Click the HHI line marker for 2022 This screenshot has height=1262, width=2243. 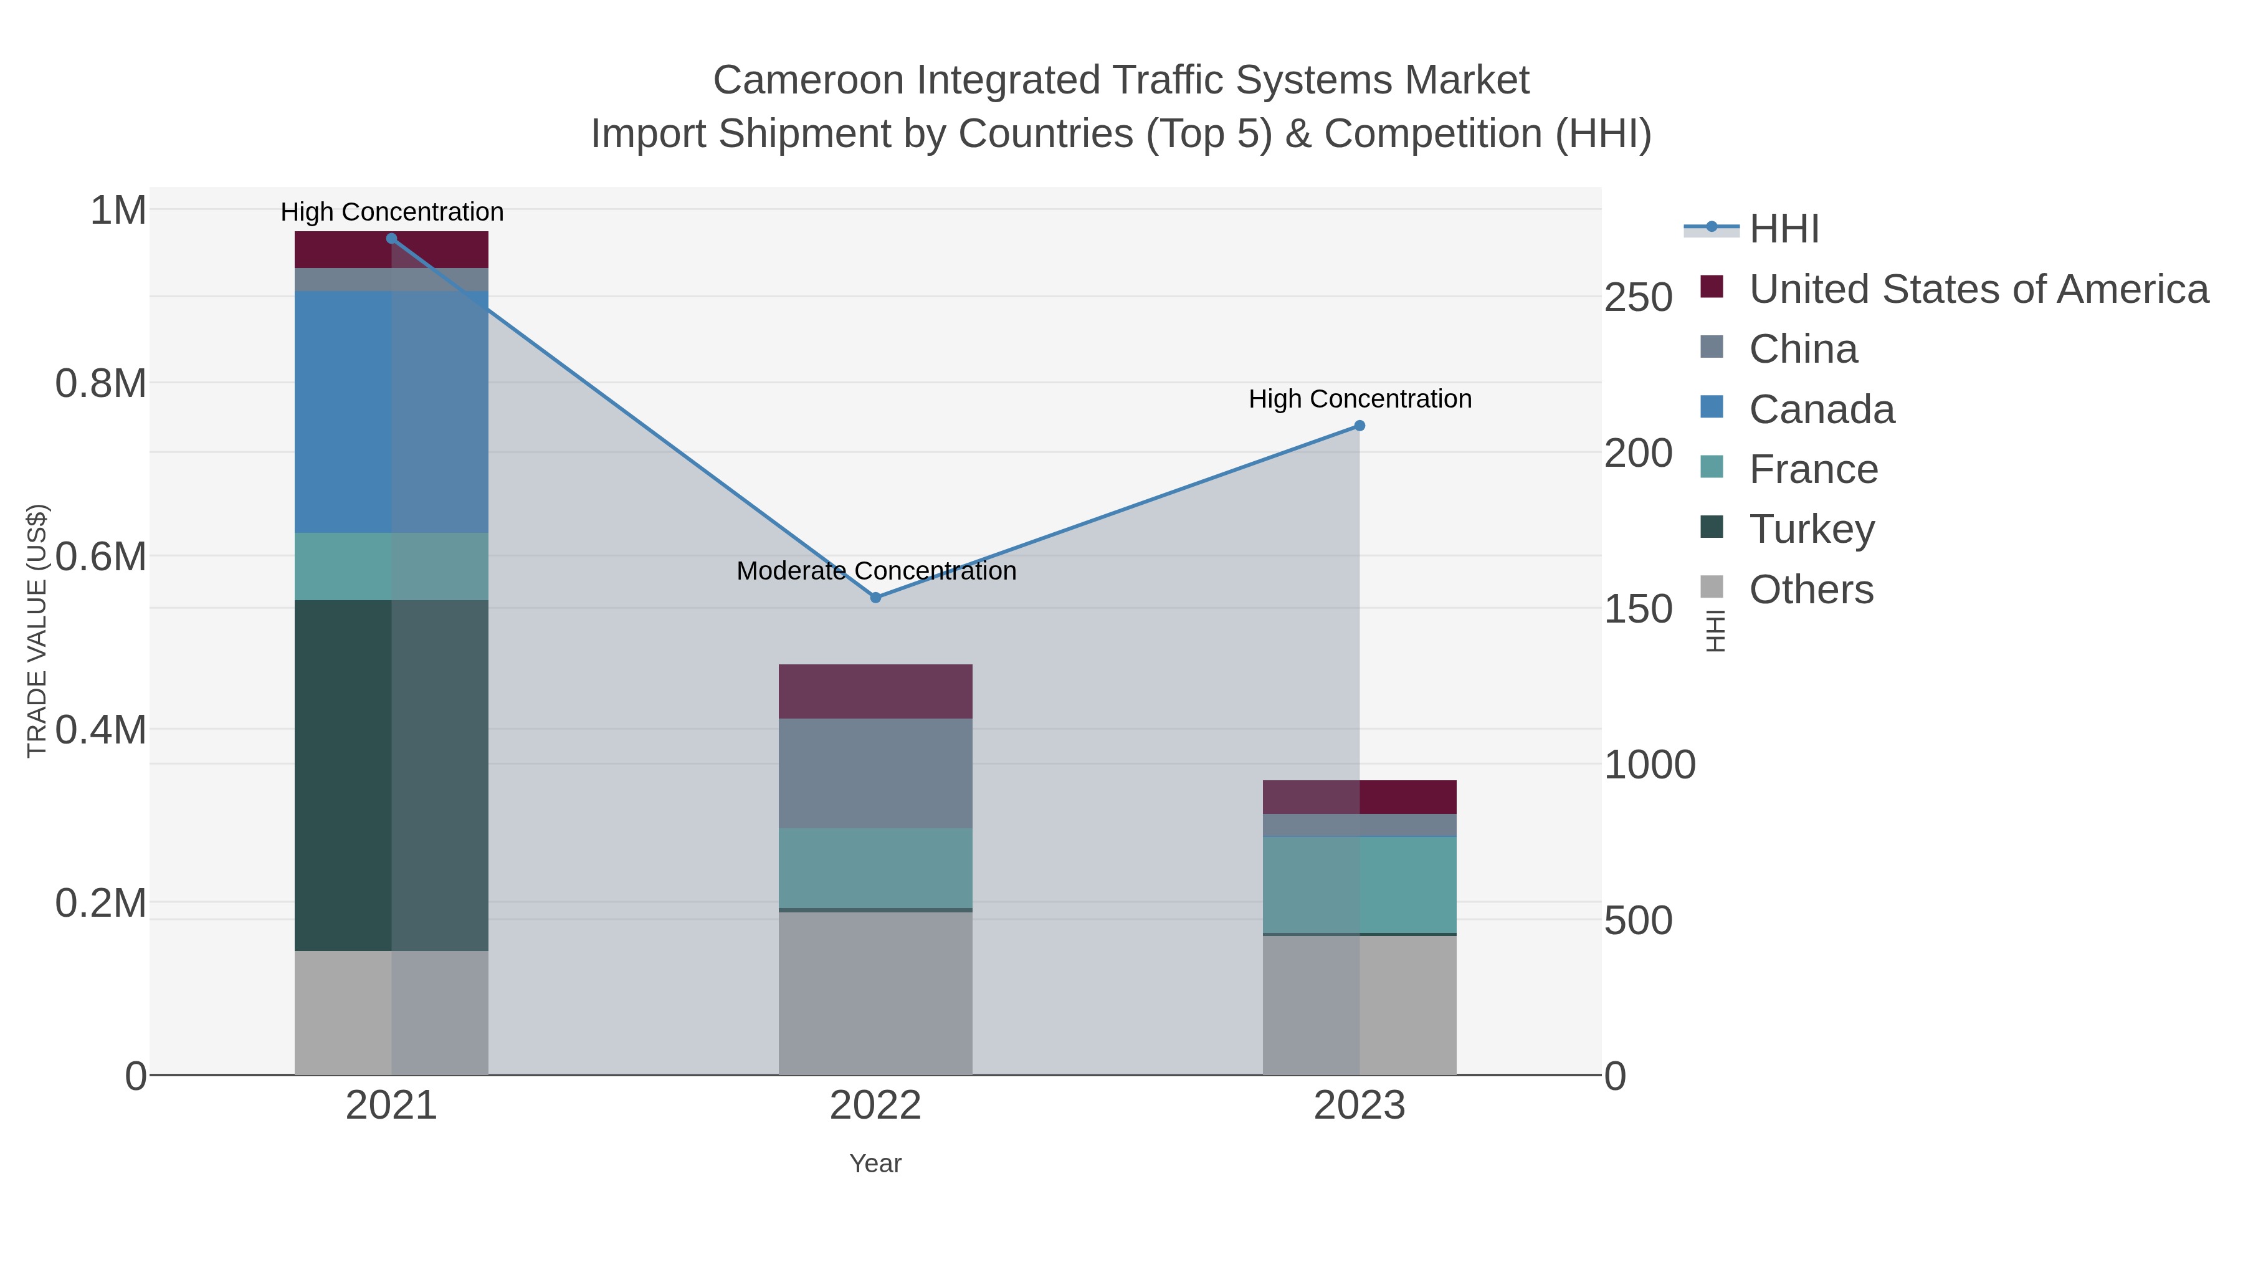click(x=875, y=598)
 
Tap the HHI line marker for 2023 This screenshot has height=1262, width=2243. click(x=1360, y=426)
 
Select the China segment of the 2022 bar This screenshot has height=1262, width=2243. click(x=875, y=773)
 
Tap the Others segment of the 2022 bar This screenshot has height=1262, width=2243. click(x=875, y=993)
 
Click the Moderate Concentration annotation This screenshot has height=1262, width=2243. click(x=876, y=571)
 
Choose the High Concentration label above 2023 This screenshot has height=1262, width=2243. click(x=1360, y=399)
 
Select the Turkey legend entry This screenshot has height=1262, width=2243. click(x=1811, y=530)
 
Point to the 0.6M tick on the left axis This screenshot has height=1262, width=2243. click(x=100, y=557)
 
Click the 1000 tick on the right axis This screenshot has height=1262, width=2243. click(x=1649, y=765)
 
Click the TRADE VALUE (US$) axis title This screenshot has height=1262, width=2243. click(x=37, y=631)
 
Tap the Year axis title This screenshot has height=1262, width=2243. click(x=875, y=1164)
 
